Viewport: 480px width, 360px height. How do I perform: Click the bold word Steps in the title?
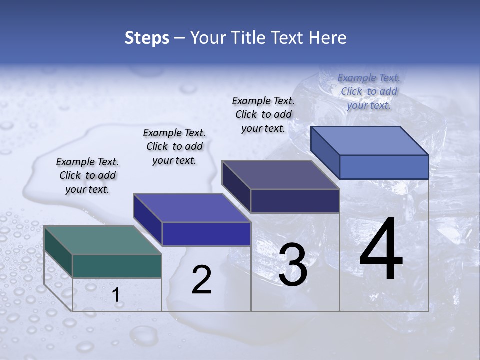pyautogui.click(x=147, y=38)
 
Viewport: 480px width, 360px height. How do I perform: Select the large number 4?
pyautogui.click(x=381, y=250)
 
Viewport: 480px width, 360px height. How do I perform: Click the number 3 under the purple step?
pyautogui.click(x=293, y=265)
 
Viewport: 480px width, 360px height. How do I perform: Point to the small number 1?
pyautogui.click(x=116, y=295)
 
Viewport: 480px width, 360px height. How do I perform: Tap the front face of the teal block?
pyautogui.click(x=117, y=266)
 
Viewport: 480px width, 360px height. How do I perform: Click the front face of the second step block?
pyautogui.click(x=206, y=234)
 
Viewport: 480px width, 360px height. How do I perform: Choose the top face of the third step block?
pyautogui.click(x=280, y=175)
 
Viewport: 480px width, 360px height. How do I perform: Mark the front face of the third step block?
pyautogui.click(x=295, y=201)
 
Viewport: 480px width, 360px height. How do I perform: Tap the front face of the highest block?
pyautogui.click(x=384, y=166)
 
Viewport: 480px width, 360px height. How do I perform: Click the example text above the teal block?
pyautogui.click(x=87, y=175)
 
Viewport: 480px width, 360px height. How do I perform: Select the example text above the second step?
pyautogui.click(x=174, y=146)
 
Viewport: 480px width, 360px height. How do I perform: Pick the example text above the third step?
pyautogui.click(x=263, y=114)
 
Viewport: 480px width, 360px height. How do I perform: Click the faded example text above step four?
pyautogui.click(x=369, y=91)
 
